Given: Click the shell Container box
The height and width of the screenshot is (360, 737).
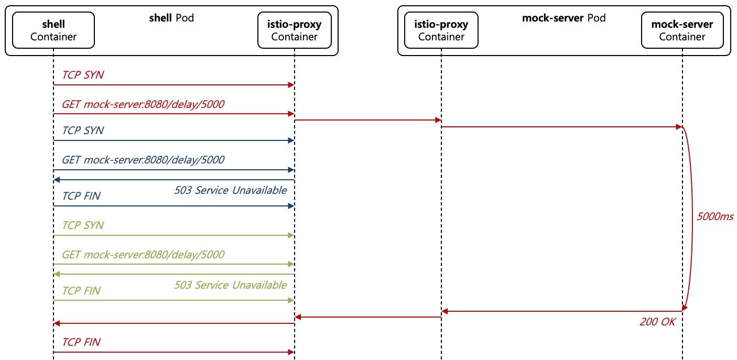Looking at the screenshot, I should (x=53, y=30).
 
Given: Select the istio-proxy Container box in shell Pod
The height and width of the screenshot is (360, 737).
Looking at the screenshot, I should (x=294, y=30).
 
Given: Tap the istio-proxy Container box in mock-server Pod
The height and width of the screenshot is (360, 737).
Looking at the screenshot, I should (x=441, y=30).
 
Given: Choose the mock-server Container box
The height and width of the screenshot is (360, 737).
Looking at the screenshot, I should (x=682, y=30).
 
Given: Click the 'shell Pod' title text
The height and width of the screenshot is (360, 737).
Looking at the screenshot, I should (x=171, y=18).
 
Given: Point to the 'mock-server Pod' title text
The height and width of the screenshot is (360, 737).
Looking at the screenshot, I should (x=563, y=18).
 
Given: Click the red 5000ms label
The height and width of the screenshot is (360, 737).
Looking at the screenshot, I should (x=714, y=216).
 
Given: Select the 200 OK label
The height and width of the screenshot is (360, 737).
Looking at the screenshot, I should (x=657, y=322).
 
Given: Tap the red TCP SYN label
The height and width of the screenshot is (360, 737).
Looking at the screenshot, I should (x=83, y=75).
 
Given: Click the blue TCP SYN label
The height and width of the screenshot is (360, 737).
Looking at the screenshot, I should (x=83, y=130).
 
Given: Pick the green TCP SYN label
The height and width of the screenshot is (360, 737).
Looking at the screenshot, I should (x=83, y=225).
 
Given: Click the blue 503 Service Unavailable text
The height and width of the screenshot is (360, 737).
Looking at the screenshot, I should (x=230, y=190).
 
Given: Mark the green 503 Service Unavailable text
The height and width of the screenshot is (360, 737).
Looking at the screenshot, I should (x=230, y=285).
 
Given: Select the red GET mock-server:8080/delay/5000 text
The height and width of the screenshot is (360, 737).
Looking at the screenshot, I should (x=143, y=104).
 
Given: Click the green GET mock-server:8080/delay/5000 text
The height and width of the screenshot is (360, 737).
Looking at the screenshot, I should (x=143, y=255).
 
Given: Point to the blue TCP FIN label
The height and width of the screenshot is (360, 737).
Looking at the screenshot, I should (x=81, y=196).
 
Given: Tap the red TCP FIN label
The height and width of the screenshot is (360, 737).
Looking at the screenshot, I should (x=81, y=342).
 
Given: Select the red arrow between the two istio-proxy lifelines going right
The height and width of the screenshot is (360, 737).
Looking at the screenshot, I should (x=367, y=120).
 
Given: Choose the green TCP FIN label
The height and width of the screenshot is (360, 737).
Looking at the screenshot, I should (x=81, y=291).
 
